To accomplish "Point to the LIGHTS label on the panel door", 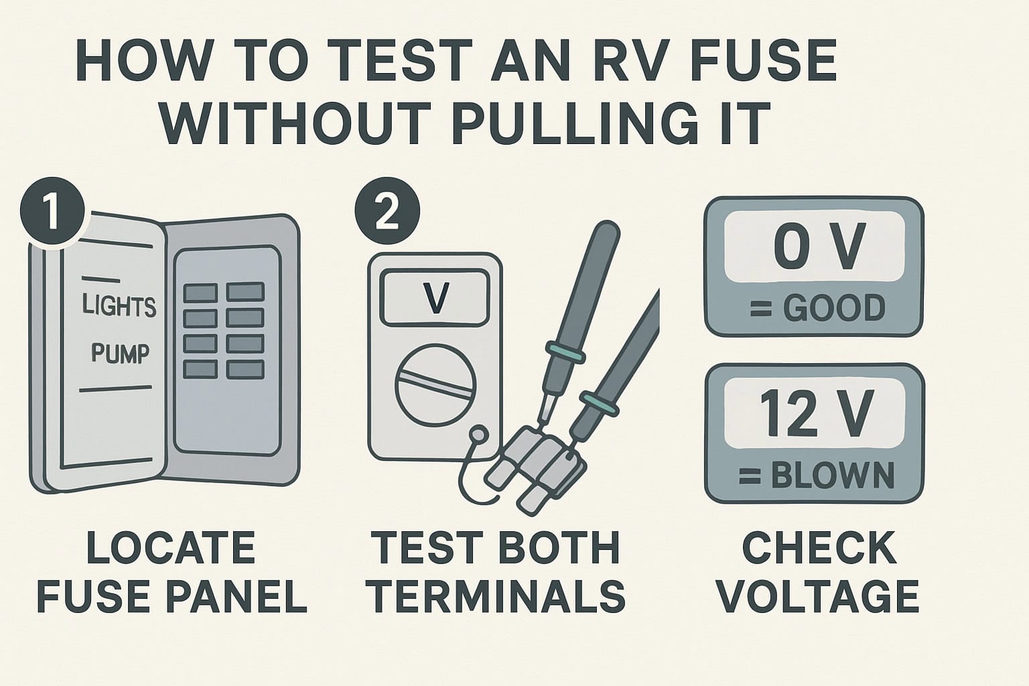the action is tap(119, 305).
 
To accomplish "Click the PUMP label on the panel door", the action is tap(121, 353).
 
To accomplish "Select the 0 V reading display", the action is tap(815, 247).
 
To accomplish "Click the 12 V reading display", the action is tap(815, 413).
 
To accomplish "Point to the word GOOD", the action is tap(834, 308).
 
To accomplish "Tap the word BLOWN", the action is tap(833, 475).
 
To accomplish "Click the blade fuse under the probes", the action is tap(535, 469).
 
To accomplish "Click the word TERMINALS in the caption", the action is tap(498, 596).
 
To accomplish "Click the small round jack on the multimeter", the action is tap(479, 434).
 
